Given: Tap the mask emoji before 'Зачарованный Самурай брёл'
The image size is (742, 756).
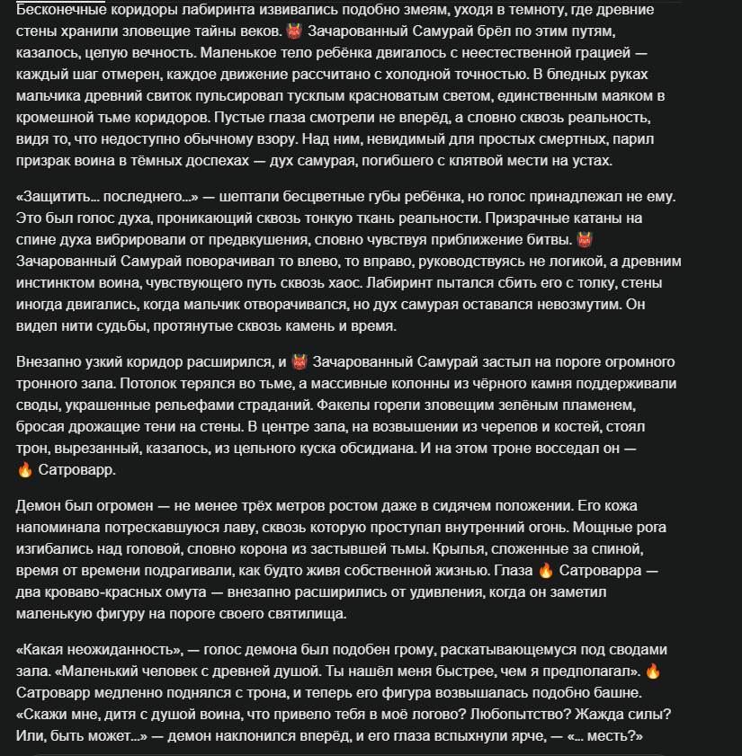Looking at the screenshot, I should [x=294, y=32].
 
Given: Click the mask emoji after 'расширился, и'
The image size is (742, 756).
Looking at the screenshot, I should [x=299, y=362].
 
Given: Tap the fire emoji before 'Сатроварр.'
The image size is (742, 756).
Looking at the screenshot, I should [x=25, y=470].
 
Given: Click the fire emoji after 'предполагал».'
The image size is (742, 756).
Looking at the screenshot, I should [x=653, y=671].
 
